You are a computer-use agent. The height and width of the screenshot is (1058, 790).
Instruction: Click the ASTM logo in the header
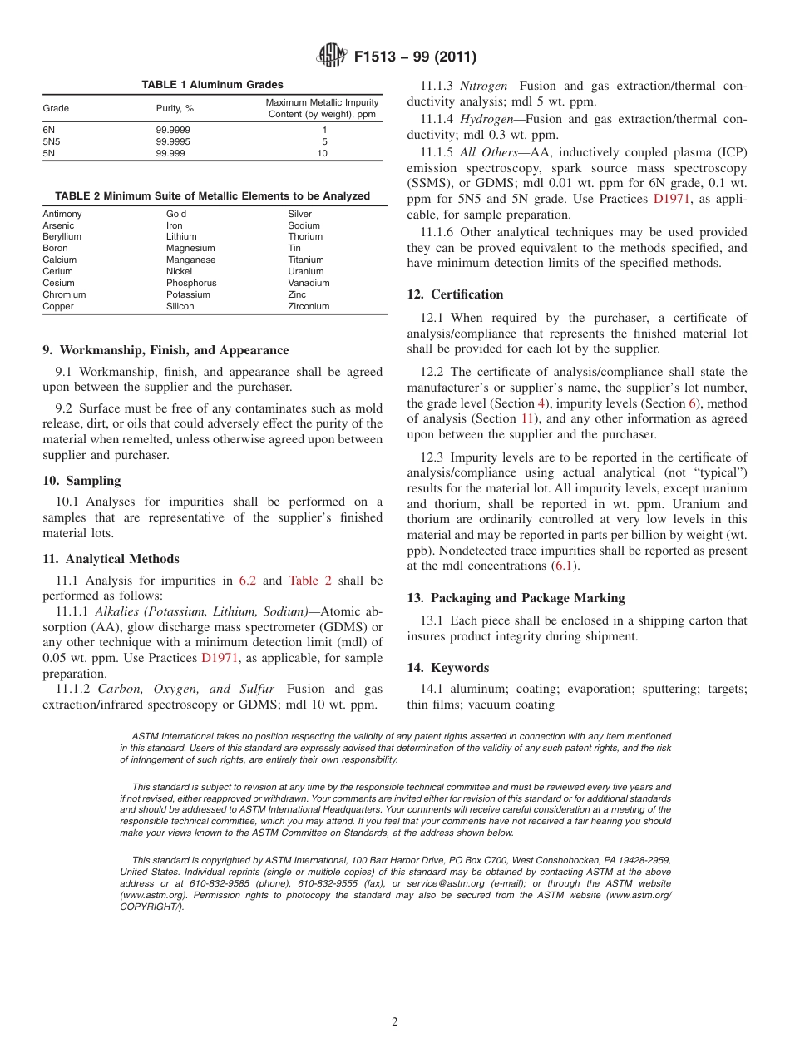tap(333, 57)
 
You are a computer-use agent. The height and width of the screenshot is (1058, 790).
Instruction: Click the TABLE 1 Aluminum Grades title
tap(212, 85)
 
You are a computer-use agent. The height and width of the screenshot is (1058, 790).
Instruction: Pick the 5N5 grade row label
tap(51, 141)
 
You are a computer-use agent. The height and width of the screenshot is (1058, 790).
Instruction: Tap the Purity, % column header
tap(175, 109)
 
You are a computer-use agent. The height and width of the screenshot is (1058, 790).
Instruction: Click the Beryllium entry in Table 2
tap(62, 237)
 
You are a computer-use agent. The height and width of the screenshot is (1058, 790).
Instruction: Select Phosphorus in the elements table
tap(190, 283)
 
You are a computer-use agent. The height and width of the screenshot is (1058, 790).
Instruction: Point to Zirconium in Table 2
tap(309, 306)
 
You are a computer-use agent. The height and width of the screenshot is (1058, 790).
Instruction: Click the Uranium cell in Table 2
tap(305, 271)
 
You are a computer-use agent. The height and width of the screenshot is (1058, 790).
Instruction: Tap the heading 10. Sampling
tap(81, 481)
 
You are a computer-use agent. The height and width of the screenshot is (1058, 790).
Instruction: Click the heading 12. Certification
tap(455, 294)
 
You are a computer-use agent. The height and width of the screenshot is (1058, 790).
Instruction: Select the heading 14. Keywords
tap(447, 668)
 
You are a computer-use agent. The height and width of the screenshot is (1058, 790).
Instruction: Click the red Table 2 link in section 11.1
tap(315, 581)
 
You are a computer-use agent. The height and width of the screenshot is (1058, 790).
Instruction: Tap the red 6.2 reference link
tap(248, 581)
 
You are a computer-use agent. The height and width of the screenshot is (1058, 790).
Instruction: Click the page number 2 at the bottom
tap(395, 1022)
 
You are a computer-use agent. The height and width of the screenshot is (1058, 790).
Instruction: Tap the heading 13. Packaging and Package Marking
tap(516, 598)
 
